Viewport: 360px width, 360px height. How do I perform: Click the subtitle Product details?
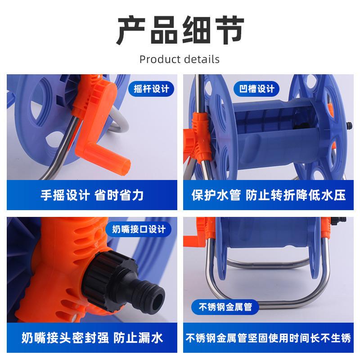(x=180, y=59)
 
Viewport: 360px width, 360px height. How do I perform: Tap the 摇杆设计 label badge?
(x=151, y=89)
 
